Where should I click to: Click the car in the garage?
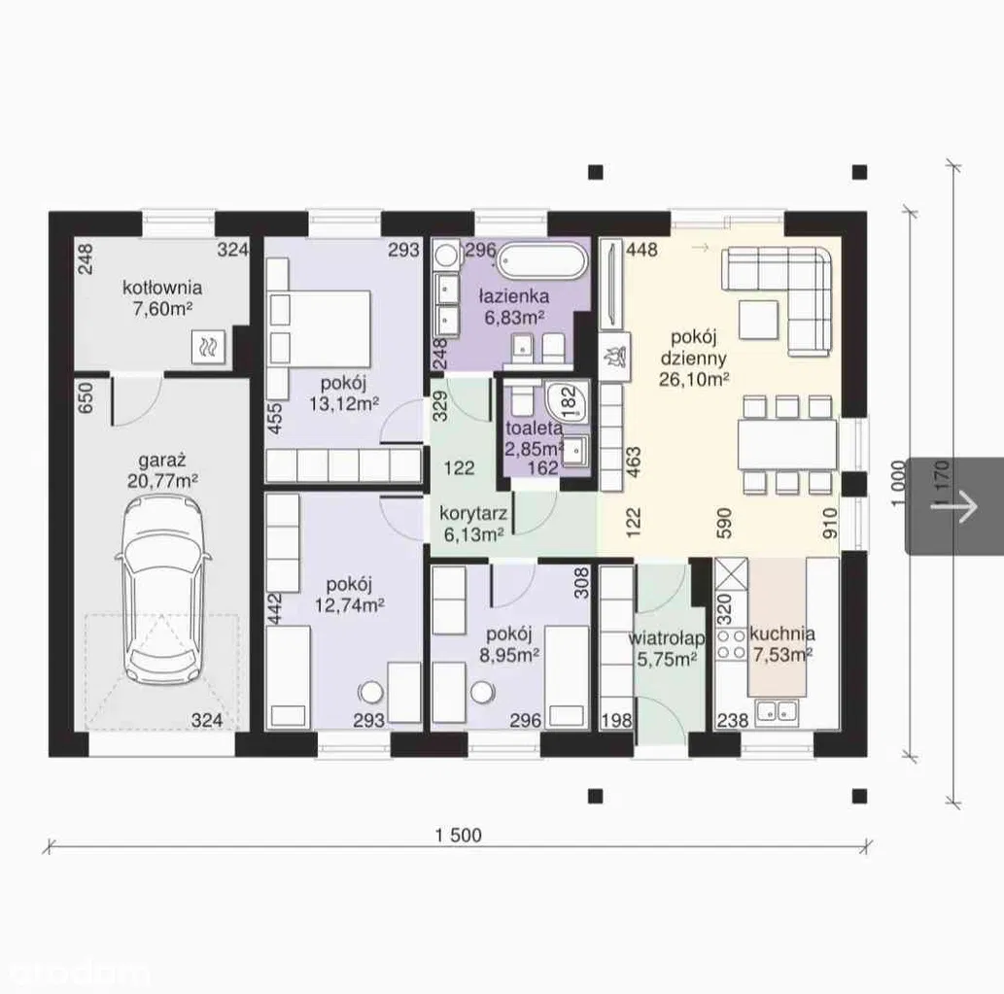coord(162,593)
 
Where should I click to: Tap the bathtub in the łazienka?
coord(542,261)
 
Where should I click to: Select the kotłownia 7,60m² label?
coord(162,298)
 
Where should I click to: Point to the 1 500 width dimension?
coord(459,836)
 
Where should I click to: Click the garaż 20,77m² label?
coord(162,470)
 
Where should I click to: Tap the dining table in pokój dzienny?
coord(787,445)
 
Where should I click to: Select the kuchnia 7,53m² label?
coord(782,644)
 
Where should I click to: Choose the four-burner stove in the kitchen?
coord(731,644)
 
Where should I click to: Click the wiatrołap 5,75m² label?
coord(667,648)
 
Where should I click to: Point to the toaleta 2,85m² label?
coord(535,438)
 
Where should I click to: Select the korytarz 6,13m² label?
coord(474,524)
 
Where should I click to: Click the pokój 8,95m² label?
coord(509,644)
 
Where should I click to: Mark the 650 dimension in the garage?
coord(86,397)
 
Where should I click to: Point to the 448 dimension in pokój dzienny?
coord(641,250)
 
